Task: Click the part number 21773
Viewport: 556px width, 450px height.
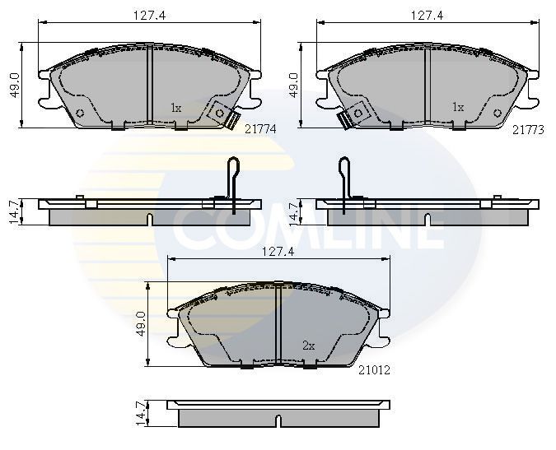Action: pos(527,129)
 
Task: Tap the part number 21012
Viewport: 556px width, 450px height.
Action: pos(373,370)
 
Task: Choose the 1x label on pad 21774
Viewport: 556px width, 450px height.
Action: pos(175,108)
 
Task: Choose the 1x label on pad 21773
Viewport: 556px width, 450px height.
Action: pos(458,108)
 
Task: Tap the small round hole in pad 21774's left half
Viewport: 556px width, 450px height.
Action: pos(80,113)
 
